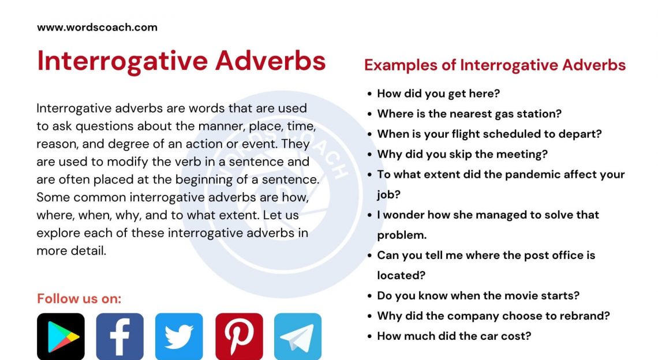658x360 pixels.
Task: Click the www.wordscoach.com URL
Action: (97, 27)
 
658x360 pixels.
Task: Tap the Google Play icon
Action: (61, 337)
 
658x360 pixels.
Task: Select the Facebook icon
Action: (119, 337)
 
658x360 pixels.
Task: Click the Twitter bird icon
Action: (179, 337)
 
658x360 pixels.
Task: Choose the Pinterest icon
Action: (239, 337)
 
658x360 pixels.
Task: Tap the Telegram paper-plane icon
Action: (298, 337)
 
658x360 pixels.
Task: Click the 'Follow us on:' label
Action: (79, 299)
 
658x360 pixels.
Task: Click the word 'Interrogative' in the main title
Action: (121, 61)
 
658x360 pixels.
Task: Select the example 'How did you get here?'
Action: (438, 93)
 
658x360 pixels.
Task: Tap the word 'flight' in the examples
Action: (464, 134)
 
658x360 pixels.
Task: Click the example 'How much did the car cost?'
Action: (454, 336)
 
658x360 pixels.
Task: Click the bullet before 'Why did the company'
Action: (369, 316)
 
